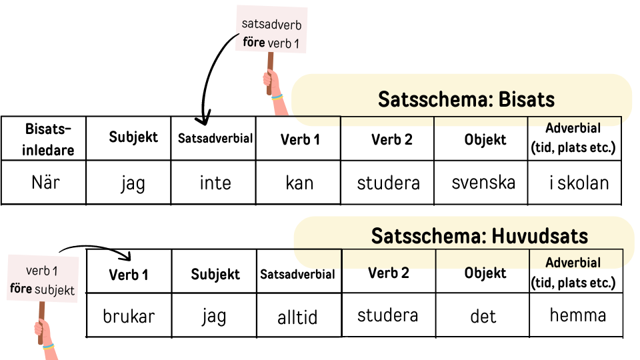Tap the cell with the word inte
(215, 182)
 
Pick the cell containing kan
(299, 182)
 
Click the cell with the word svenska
(483, 182)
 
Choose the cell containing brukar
(129, 315)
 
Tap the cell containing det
(483, 315)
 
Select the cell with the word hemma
(577, 315)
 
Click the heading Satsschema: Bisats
(466, 99)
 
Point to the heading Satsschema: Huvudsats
(479, 236)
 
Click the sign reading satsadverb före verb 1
(271, 31)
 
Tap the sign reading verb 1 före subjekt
(42, 280)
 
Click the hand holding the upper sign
(271, 84)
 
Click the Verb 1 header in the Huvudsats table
(129, 274)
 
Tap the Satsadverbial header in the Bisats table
(215, 139)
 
